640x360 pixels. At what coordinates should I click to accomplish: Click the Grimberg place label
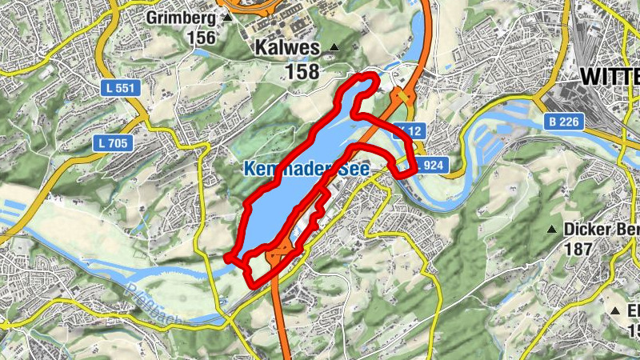pos(181,18)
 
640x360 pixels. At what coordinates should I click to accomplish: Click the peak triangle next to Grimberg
pos(228,17)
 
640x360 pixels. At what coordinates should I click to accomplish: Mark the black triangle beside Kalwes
pos(334,49)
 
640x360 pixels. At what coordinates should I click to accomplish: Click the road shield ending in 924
pos(427,166)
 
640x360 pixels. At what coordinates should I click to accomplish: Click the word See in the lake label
pos(351,169)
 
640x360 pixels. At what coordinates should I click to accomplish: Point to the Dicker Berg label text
pos(602,230)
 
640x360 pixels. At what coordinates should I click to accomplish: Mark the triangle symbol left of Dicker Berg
pos(550,230)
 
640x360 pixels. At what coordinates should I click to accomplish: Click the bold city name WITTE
pos(609,77)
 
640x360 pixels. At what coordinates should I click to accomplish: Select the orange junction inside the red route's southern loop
pos(279,257)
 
